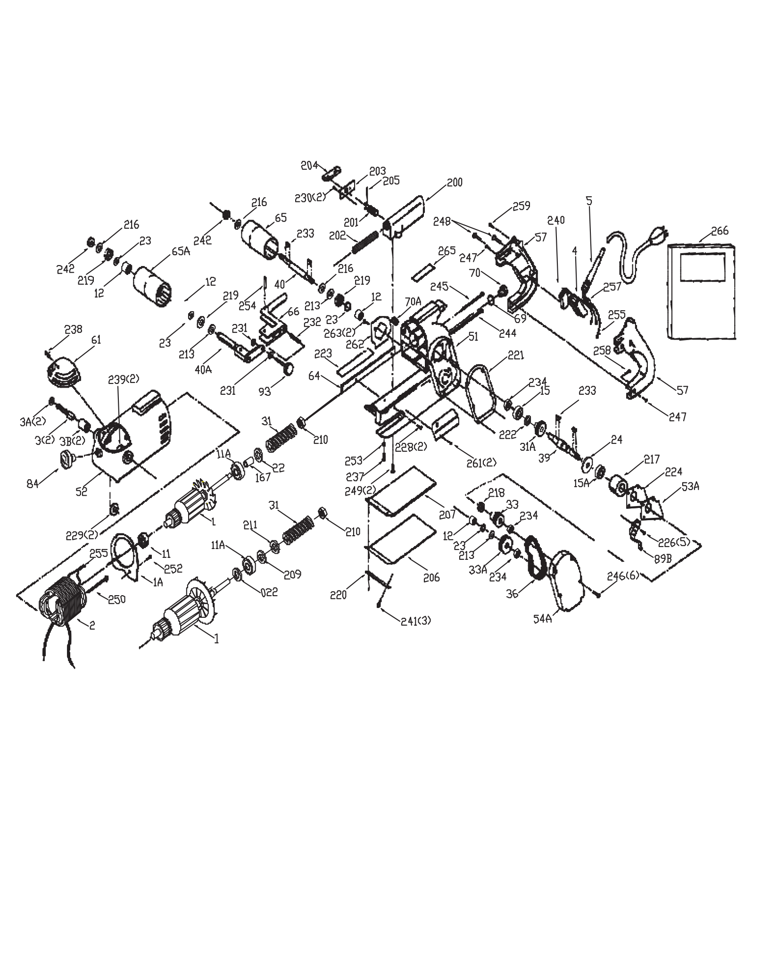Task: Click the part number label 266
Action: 720,231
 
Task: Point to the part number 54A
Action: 543,619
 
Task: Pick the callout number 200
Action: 454,182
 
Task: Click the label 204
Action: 310,166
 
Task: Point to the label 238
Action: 74,329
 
